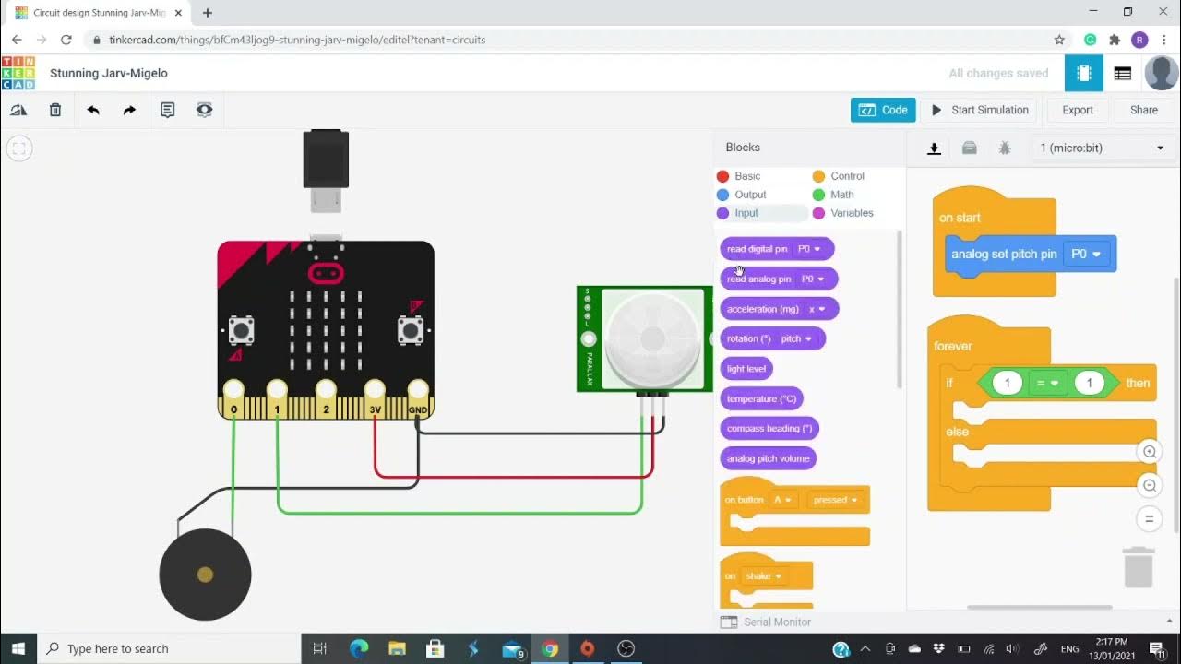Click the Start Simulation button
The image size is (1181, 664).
pos(979,110)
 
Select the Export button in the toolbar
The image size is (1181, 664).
pos(1077,110)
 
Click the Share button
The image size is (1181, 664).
pos(1143,110)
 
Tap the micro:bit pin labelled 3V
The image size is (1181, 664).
pos(375,391)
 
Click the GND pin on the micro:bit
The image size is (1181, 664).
pos(418,391)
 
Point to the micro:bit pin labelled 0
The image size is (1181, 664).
pos(233,391)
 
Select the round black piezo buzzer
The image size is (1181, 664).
pos(205,575)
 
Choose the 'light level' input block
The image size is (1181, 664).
pos(746,369)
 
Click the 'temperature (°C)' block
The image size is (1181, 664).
pos(761,399)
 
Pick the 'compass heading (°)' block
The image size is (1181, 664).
pos(769,429)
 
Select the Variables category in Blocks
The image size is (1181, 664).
pos(851,213)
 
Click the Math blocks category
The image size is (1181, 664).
pos(841,195)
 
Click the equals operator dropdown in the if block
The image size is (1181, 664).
pos(1048,383)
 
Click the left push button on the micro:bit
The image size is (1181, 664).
pos(242,329)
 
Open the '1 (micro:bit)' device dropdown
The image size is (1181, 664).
pos(1102,148)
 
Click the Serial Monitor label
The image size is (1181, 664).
pos(777,622)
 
